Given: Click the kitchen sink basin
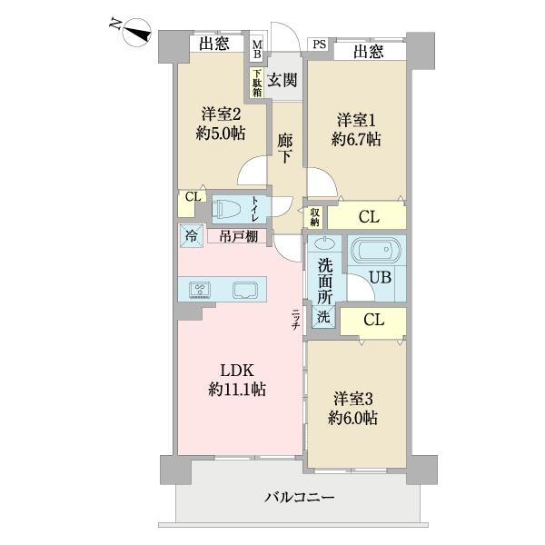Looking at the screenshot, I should point(246,291).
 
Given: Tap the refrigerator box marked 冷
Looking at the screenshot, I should point(191,235).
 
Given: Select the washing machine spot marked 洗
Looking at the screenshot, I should point(323,317).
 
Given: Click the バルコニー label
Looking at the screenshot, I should point(300,498).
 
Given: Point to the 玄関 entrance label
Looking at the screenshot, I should point(282,80).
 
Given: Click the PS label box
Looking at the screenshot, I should point(319,44).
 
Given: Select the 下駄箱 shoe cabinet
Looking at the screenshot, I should point(257,84).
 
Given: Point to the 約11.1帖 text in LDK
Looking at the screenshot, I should point(237,390).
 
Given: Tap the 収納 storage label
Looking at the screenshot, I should point(315,217).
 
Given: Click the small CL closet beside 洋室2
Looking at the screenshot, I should point(192,195).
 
